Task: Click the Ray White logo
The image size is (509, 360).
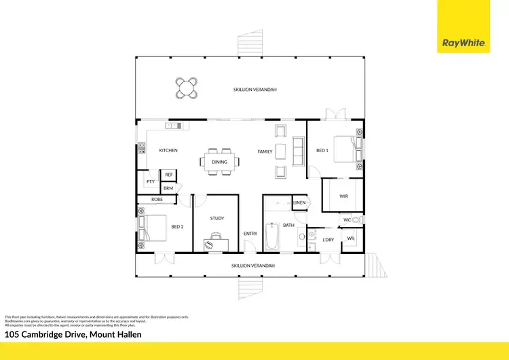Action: coord(464,43)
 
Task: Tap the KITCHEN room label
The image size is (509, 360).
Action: coord(168,150)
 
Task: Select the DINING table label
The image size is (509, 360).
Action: coord(219,162)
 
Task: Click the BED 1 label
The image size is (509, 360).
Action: coord(322,150)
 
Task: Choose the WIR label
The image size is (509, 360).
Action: coord(344,196)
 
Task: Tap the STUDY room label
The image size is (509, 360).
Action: coord(216,218)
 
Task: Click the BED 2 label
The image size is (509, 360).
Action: coord(177,226)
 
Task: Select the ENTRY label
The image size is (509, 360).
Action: coord(250,234)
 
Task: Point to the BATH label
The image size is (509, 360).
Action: coord(288,225)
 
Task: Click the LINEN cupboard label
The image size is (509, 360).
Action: coord(299,202)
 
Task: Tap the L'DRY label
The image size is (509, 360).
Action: coord(328,240)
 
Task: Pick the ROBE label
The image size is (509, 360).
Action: coord(157,200)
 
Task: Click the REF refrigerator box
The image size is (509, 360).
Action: coord(169,175)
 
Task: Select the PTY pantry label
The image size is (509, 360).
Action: coord(150,182)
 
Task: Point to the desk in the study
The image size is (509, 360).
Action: coord(216,241)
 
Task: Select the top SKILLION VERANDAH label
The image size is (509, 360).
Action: coord(255,90)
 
